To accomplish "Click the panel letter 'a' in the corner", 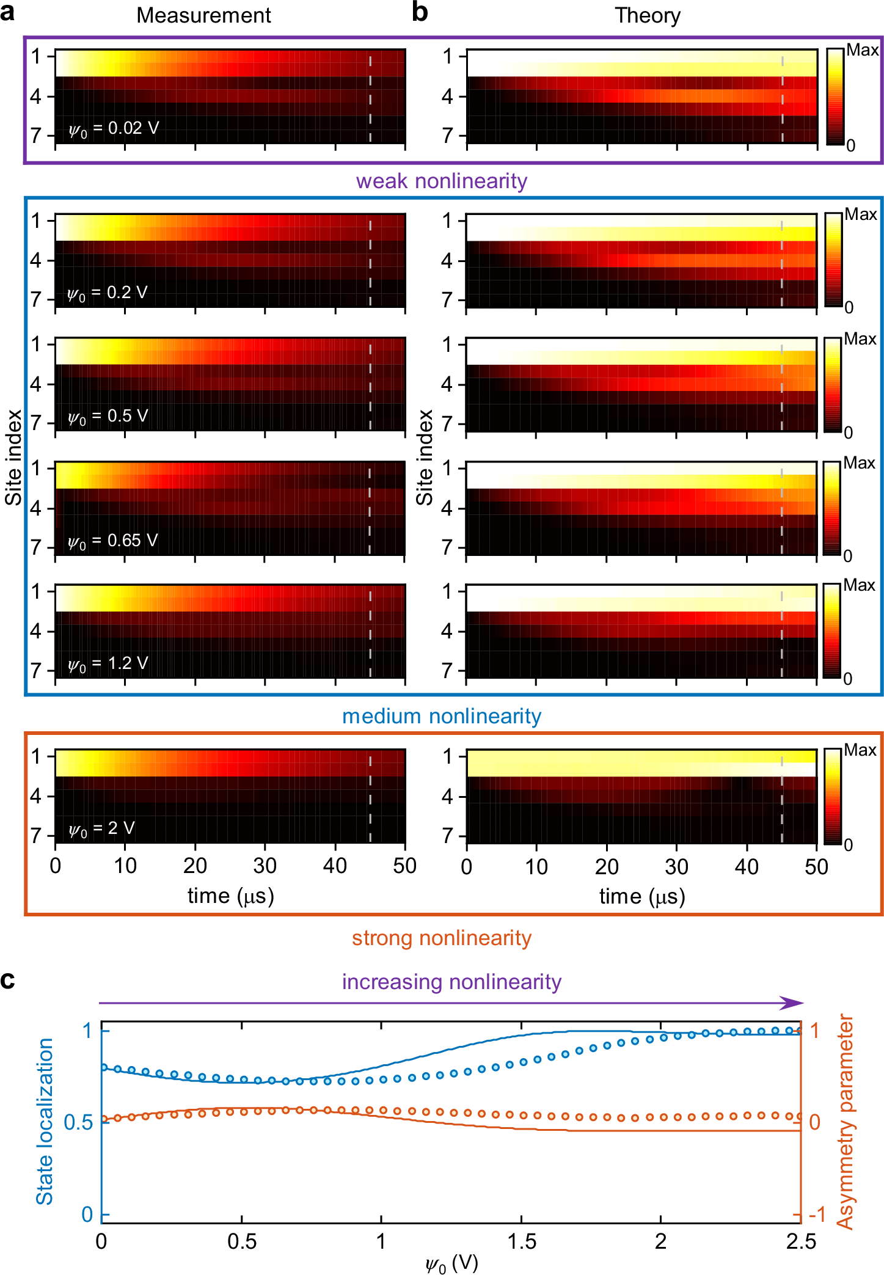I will coord(7,12).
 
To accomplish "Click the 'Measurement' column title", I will coord(203,15).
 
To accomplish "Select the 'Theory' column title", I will coord(647,15).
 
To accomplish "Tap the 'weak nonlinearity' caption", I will coord(441,181).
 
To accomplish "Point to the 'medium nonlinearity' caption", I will coord(441,716).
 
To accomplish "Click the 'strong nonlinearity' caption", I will coord(441,938).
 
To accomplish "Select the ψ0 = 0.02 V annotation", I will coord(114,128).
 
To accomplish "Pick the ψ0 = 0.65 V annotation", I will coord(113,541).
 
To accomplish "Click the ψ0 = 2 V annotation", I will coord(101,828).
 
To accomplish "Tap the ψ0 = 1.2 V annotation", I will coord(108,663).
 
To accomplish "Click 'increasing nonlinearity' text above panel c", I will coord(451,982).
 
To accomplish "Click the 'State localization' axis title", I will coord(45,1121).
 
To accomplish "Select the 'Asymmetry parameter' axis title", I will coord(845,1121).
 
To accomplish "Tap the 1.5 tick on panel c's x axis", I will coord(521,1242).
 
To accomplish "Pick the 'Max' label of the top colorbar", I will coord(862,50).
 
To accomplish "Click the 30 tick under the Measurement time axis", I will coord(265,866).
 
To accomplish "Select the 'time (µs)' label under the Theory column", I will coord(642,896).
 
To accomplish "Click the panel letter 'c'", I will coord(7,980).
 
